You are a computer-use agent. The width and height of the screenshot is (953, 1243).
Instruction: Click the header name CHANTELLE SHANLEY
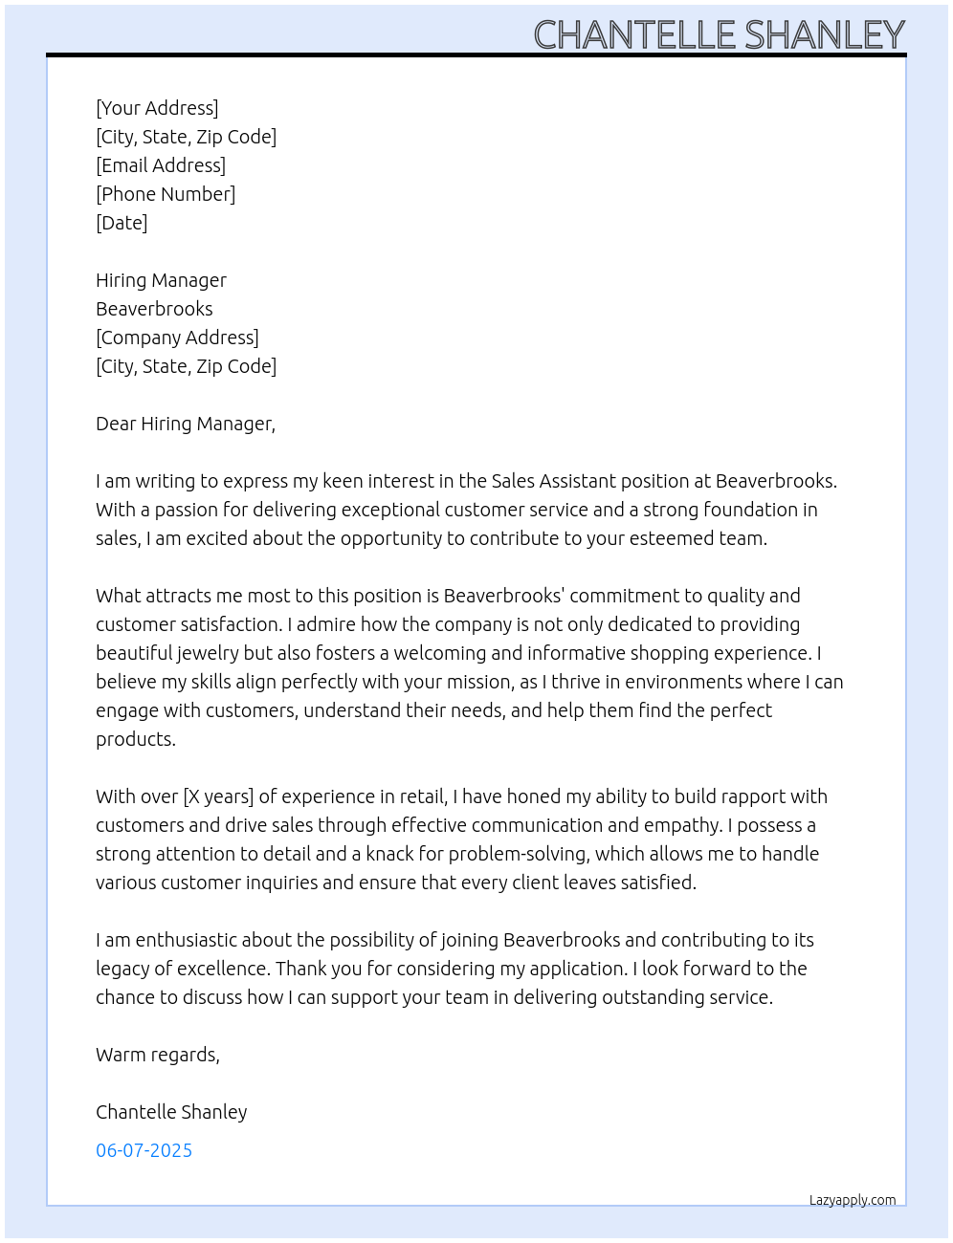(x=719, y=35)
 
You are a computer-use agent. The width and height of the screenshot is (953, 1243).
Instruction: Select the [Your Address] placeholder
(x=157, y=108)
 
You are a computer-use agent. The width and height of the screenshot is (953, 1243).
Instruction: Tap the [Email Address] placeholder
(x=161, y=165)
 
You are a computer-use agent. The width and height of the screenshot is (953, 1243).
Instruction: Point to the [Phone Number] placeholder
(x=166, y=194)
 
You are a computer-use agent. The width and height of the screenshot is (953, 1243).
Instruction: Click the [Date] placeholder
(x=122, y=223)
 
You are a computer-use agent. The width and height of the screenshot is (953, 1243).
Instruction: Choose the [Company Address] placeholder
(x=177, y=338)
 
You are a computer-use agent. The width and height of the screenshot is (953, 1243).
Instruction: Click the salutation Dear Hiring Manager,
(x=186, y=424)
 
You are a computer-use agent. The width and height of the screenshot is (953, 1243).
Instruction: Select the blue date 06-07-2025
(x=144, y=1150)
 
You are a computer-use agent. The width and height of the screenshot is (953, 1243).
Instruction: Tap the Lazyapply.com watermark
(x=853, y=1200)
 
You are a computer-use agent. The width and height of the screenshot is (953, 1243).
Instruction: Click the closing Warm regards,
(x=158, y=1055)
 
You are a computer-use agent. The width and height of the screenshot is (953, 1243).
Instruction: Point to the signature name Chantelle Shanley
(x=171, y=1112)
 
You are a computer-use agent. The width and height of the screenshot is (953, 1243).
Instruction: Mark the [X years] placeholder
(x=218, y=796)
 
